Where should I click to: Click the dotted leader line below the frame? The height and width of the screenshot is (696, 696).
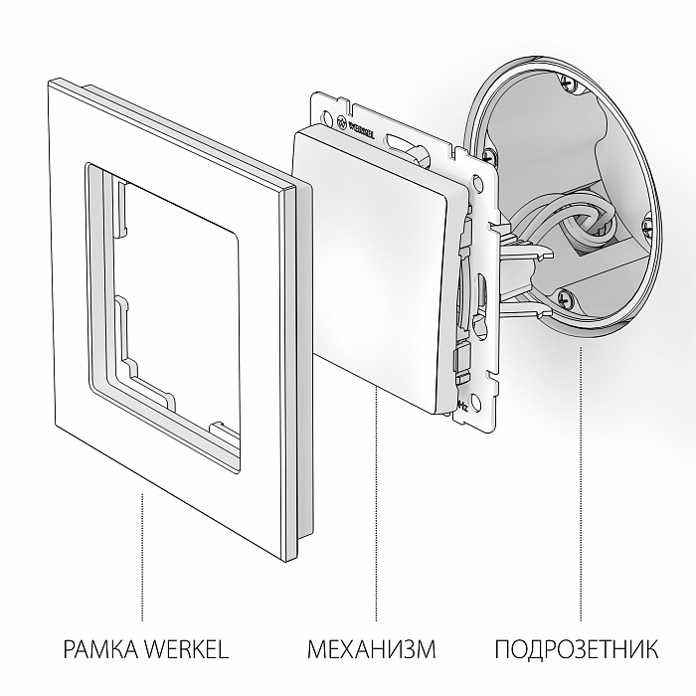145,557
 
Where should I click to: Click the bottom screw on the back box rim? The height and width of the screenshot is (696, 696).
568,295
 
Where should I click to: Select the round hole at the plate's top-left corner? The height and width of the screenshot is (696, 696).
325,100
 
